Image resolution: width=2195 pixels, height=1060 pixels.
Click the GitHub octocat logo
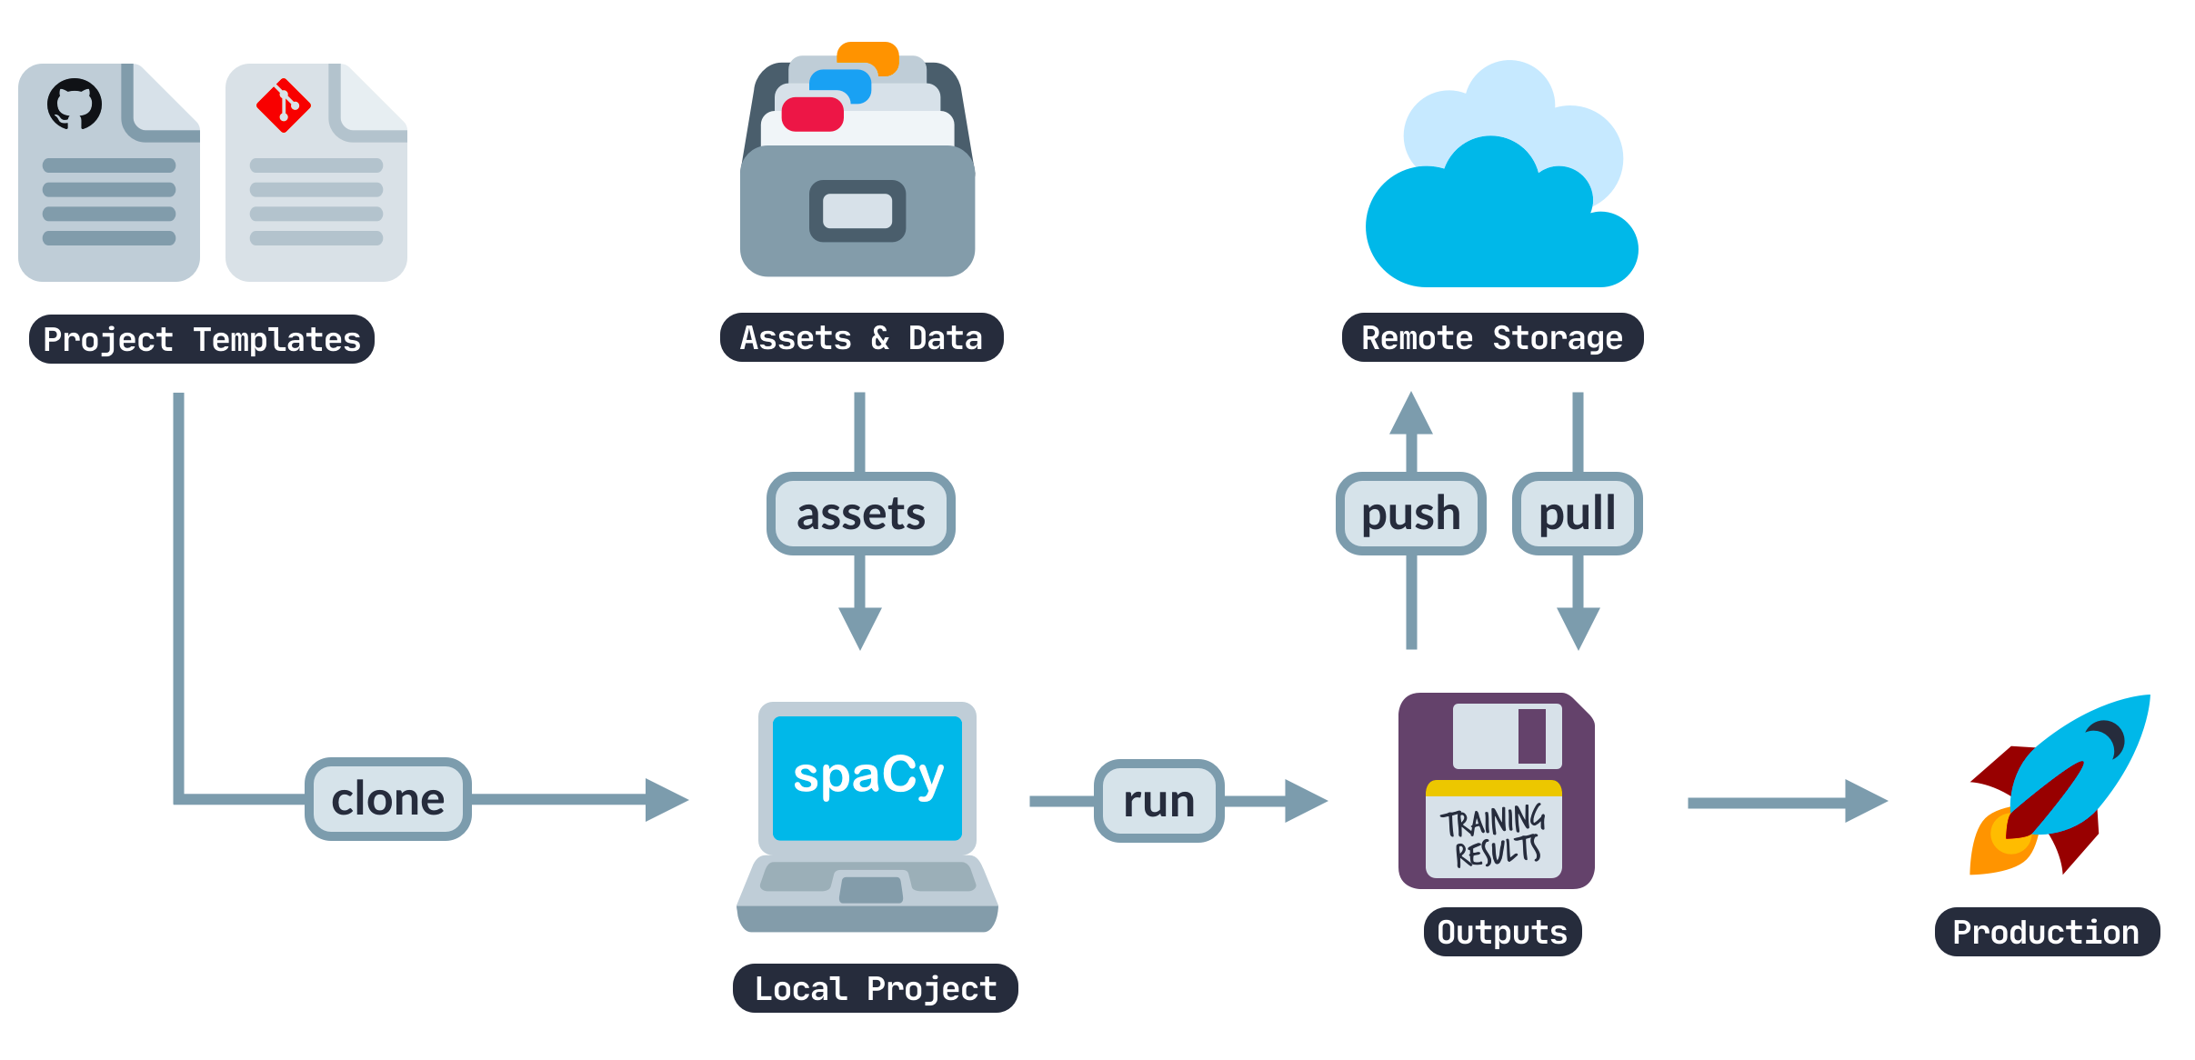[75, 104]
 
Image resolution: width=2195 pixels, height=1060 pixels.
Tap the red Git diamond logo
[284, 105]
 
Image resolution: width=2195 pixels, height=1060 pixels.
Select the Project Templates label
[202, 339]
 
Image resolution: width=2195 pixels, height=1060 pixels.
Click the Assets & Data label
[861, 338]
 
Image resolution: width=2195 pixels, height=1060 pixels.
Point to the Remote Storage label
[1491, 338]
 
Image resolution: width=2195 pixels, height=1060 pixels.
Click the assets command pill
[860, 514]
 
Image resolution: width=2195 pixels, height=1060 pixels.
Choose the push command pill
[1410, 514]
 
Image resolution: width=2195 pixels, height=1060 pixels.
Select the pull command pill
[1577, 514]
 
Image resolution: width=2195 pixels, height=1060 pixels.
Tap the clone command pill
[388, 799]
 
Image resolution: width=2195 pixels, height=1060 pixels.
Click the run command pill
[1158, 801]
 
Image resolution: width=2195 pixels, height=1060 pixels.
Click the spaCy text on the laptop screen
[867, 775]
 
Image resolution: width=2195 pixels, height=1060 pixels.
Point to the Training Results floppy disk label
[1493, 835]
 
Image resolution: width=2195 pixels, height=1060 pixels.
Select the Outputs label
[1501, 932]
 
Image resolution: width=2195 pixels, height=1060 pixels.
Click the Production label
[2045, 932]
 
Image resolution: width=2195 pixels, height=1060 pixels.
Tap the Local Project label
[875, 988]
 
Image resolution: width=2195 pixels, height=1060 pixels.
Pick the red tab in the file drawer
[812, 115]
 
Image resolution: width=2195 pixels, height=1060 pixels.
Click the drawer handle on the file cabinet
[857, 211]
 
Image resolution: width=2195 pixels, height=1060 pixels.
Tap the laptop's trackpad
[870, 888]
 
